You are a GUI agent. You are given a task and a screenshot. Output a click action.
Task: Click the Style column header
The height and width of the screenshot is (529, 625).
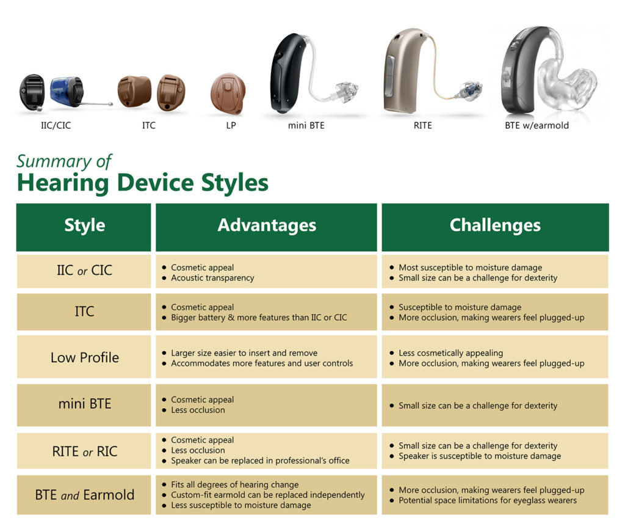pyautogui.click(x=84, y=225)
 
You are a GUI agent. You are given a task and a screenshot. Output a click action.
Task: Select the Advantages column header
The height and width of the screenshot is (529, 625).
pyautogui.click(x=267, y=225)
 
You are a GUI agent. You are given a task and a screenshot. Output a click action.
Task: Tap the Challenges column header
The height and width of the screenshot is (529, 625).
pyautogui.click(x=495, y=225)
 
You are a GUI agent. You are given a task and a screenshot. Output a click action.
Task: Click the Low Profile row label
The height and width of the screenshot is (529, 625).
pyautogui.click(x=84, y=358)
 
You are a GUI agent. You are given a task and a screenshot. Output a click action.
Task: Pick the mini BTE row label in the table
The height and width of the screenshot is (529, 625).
pyautogui.click(x=84, y=404)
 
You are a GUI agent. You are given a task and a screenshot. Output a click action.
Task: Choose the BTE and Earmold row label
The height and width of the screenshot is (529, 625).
pyautogui.click(x=84, y=495)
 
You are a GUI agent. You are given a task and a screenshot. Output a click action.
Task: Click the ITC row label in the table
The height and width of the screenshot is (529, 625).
pyautogui.click(x=84, y=312)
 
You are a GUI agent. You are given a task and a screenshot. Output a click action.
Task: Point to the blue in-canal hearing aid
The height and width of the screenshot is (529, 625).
pyautogui.click(x=66, y=90)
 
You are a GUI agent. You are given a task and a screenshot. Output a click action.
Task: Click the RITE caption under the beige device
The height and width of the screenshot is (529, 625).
pyautogui.click(x=422, y=126)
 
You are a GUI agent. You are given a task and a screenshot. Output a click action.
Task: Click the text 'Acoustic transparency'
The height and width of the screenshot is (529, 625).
pyautogui.click(x=212, y=278)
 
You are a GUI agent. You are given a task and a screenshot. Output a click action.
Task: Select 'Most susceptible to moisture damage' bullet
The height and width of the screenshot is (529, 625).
pyautogui.click(x=470, y=268)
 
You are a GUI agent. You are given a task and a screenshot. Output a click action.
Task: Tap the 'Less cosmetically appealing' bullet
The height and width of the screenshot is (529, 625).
pyautogui.click(x=450, y=353)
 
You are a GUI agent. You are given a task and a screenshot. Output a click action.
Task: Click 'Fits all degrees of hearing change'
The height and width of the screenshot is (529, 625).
pyautogui.click(x=234, y=484)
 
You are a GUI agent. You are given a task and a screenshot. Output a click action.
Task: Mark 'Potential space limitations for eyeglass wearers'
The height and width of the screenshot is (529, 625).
pyautogui.click(x=487, y=500)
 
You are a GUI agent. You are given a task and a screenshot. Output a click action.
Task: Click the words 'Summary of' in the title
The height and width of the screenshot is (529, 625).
pyautogui.click(x=64, y=161)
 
